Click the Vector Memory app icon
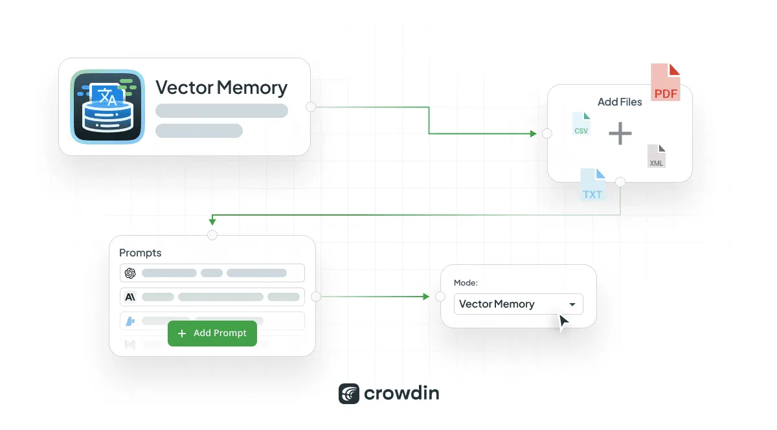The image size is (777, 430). [x=107, y=106]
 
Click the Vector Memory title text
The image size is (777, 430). [x=221, y=87]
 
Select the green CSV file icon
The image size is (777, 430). [x=581, y=124]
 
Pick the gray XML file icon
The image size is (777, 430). [x=657, y=157]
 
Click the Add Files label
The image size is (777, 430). [x=620, y=102]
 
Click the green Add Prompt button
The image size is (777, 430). [x=212, y=333]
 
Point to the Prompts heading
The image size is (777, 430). [x=141, y=253]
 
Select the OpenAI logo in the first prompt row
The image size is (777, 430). [x=130, y=273]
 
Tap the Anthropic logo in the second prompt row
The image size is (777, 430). [x=130, y=297]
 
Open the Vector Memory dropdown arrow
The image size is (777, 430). [x=572, y=304]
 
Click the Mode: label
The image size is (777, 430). [x=466, y=283]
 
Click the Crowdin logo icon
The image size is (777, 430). [x=349, y=394]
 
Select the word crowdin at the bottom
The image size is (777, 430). [x=401, y=394]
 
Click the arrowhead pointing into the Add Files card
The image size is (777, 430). [x=533, y=133]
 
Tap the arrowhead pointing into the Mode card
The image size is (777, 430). [x=426, y=297]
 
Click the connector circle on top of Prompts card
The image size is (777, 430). [x=212, y=234]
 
